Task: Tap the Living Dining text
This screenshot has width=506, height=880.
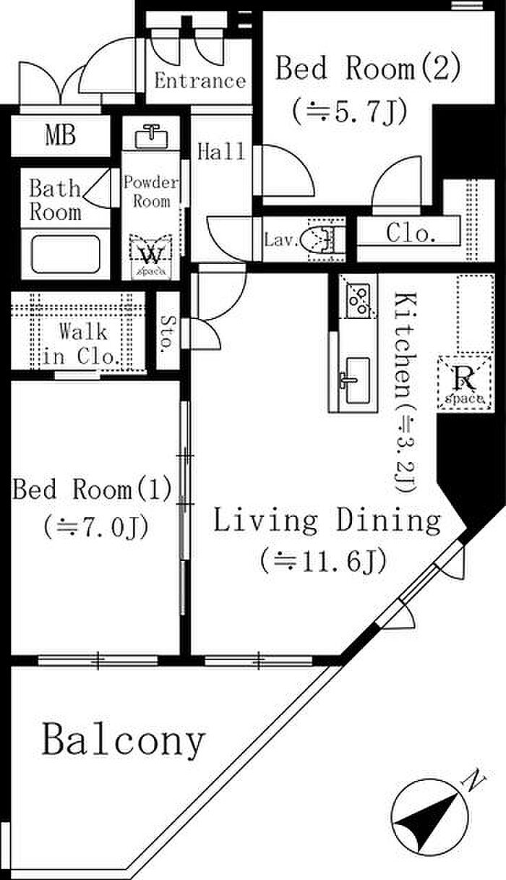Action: coord(327,521)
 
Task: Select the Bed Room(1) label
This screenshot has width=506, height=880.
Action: coord(93,490)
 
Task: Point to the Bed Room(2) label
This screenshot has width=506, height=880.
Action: coord(368,68)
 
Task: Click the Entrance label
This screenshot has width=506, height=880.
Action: coord(200,81)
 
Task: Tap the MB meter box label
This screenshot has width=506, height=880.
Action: coord(61,134)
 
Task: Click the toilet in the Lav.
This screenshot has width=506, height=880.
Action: coord(322,239)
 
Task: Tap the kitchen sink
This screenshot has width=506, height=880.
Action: coord(354,380)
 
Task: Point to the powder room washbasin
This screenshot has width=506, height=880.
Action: coord(151,137)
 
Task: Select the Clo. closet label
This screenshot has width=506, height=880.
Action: coord(411,233)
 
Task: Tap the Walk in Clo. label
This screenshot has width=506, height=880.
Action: coord(80,343)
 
